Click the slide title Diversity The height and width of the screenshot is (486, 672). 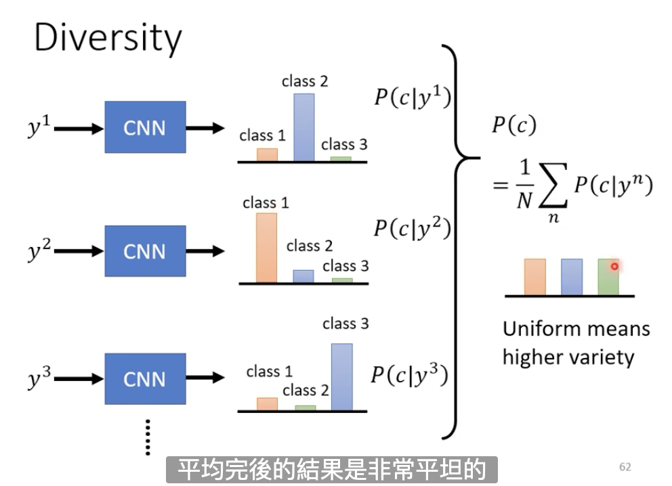(x=108, y=39)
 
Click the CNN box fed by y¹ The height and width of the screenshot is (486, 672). (x=145, y=127)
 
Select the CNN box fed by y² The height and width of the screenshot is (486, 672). (x=145, y=251)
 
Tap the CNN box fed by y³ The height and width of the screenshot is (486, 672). (x=145, y=379)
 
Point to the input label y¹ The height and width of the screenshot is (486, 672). (x=39, y=126)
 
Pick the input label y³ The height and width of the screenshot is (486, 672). (x=39, y=377)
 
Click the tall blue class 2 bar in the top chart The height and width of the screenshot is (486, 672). (x=304, y=127)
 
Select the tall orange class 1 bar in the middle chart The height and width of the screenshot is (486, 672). (x=267, y=248)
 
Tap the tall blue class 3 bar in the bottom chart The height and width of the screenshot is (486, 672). (x=342, y=377)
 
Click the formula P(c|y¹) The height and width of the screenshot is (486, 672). (x=413, y=97)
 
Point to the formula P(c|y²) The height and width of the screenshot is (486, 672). (x=413, y=227)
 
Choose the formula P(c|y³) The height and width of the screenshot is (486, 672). (x=410, y=375)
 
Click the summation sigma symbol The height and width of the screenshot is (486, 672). (x=553, y=185)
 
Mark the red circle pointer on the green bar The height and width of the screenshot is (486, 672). (x=614, y=266)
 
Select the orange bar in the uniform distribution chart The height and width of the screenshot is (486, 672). (x=535, y=277)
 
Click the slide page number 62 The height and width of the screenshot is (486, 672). (x=625, y=467)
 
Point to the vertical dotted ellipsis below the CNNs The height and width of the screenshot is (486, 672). (x=148, y=437)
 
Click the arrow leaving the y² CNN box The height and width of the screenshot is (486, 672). (x=205, y=251)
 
